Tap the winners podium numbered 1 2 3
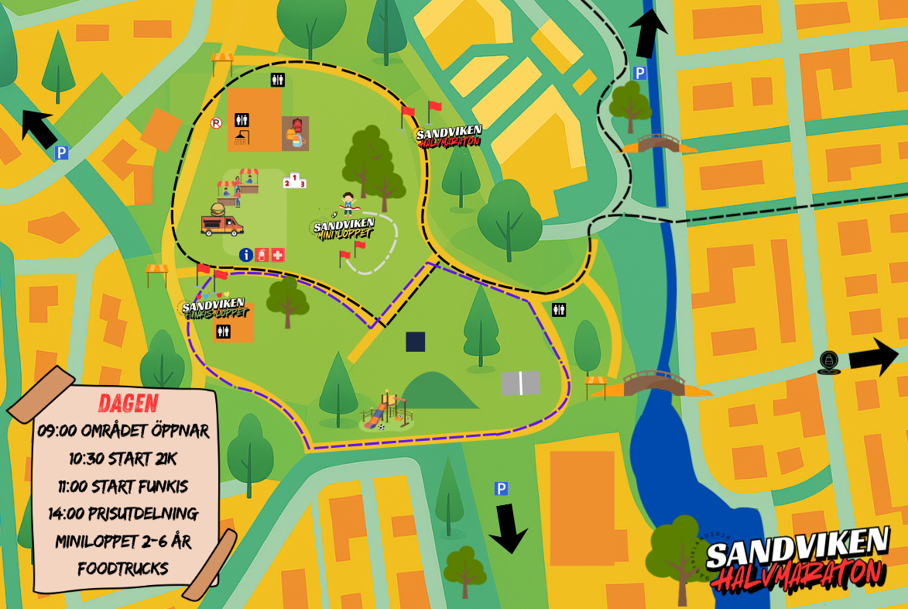pos(294,181)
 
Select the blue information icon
pos(245,254)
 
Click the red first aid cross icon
pos(278,254)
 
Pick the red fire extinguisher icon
pos(262,254)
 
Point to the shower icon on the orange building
pos(242,136)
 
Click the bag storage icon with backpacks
pos(295,133)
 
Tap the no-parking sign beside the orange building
pos(216,122)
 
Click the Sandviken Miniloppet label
pos(344,229)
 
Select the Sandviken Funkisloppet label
pos(214,308)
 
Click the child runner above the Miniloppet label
pos(348,203)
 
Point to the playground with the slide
pos(386,412)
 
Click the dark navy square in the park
pos(416,342)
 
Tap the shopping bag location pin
pos(828,362)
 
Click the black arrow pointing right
pos(874,357)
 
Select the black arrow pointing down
pos(509,528)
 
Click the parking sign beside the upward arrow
pos(639,73)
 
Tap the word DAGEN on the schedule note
pos(128,403)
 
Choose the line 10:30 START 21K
pos(123,459)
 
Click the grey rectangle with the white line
pos(520,383)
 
